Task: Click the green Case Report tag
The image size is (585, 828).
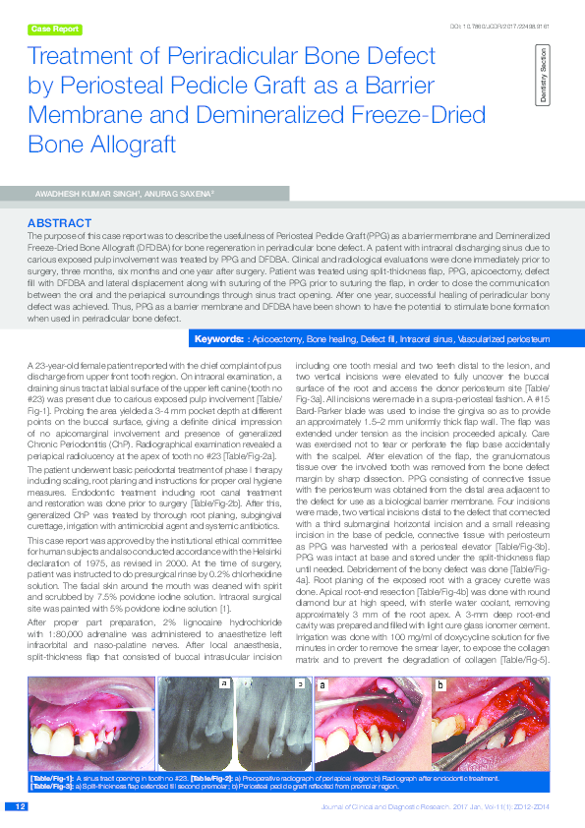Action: point(55,30)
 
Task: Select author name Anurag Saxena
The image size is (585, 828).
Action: point(173,195)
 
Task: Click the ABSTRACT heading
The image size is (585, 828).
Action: point(61,223)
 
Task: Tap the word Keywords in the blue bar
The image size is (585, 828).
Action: point(218,339)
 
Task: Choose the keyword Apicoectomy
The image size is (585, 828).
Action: point(277,339)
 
